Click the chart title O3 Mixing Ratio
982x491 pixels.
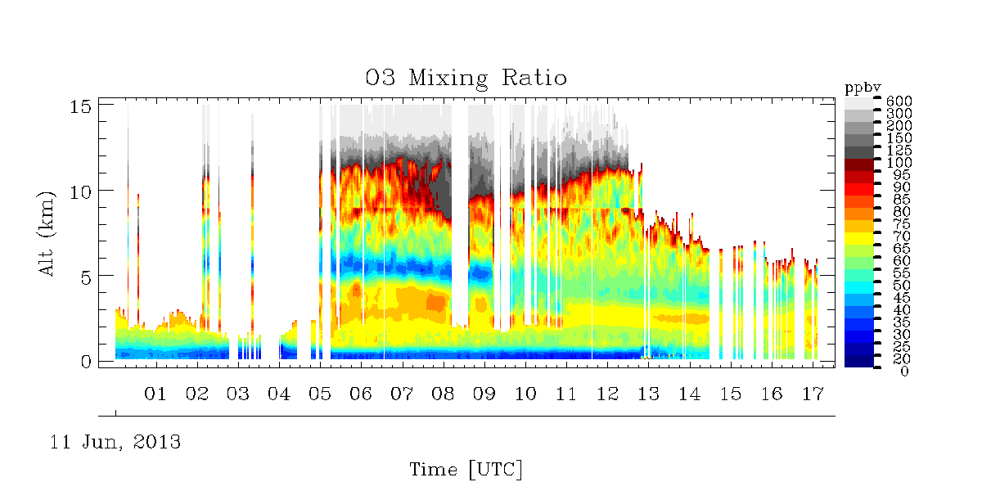tap(466, 79)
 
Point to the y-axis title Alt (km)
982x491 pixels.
tap(47, 234)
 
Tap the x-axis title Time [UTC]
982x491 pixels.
tap(466, 470)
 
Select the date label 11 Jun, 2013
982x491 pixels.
tap(115, 442)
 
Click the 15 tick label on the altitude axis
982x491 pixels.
tap(80, 106)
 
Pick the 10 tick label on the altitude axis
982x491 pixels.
tap(80, 192)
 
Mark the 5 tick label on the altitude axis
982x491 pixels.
tap(86, 277)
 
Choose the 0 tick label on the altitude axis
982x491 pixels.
tap(86, 362)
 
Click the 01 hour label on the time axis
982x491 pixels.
tap(155, 394)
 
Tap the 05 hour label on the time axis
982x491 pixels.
tap(320, 394)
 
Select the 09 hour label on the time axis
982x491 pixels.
tap(484, 394)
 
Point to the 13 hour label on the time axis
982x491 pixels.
tap(648, 394)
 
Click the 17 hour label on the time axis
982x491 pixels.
tap(813, 394)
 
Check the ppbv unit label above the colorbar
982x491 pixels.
tap(863, 88)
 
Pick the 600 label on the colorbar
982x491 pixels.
tap(899, 101)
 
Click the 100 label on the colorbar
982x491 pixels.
tap(899, 163)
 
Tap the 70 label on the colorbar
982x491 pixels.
tap(902, 236)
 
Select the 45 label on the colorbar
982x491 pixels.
tap(902, 298)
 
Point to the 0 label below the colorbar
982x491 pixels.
tap(904, 372)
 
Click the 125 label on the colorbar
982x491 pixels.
tap(899, 151)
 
